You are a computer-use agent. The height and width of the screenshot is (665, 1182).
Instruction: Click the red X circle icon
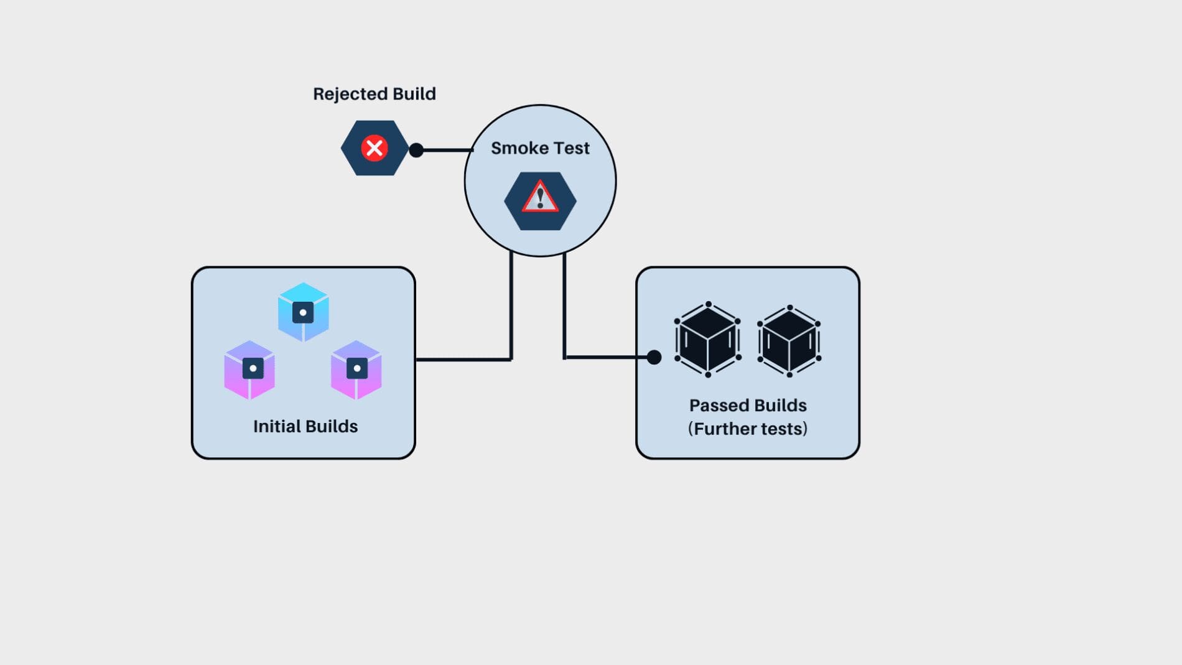click(x=375, y=148)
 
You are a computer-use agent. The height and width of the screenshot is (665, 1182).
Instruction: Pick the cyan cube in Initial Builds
click(x=303, y=312)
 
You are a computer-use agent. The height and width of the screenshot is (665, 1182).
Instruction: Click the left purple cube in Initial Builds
click(x=249, y=370)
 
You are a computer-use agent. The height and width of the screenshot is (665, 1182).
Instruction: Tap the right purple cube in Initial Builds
click(x=356, y=370)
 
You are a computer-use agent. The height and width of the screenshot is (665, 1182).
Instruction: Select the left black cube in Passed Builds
click(x=707, y=340)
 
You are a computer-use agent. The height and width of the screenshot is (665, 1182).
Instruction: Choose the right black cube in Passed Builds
click(x=789, y=341)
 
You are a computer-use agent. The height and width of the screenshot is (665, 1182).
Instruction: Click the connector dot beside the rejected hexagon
click(x=416, y=150)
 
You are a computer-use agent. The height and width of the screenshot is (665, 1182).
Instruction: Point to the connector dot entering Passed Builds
click(x=654, y=357)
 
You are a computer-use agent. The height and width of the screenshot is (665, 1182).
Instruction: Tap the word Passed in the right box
click(x=719, y=406)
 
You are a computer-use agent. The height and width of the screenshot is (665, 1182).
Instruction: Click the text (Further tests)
click(x=748, y=429)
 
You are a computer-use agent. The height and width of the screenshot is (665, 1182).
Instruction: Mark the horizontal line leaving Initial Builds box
click(x=463, y=359)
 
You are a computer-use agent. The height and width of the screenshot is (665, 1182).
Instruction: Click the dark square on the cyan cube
click(x=303, y=312)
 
